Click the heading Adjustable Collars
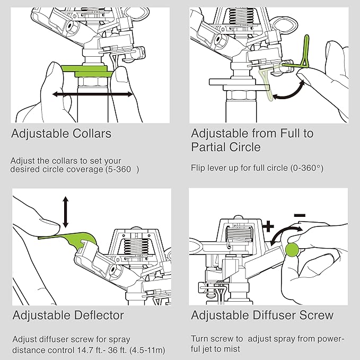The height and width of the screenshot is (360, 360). tap(61, 133)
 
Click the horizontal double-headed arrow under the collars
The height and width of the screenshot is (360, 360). tap(93, 94)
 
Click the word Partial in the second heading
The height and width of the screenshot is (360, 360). tap(210, 147)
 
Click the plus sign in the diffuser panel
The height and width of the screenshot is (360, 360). tap(268, 227)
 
